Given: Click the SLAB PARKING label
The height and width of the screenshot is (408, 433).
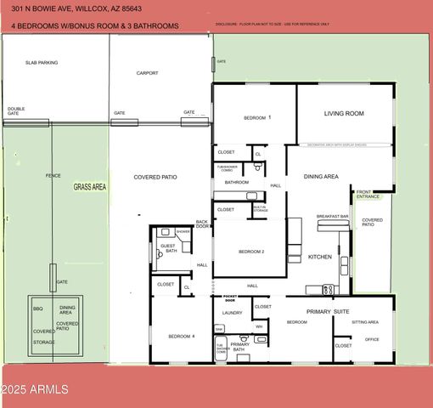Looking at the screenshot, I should [42, 63].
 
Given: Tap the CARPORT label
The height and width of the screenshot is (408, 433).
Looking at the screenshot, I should [148, 73].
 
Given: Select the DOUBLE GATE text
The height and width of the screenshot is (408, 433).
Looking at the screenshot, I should [16, 110].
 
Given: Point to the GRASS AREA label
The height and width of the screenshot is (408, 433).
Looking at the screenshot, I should [89, 186].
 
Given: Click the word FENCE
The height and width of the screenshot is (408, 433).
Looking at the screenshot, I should [53, 176].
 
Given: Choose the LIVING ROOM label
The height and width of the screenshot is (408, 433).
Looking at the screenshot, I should [344, 113].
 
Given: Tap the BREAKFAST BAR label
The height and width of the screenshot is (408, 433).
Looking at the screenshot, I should [333, 217].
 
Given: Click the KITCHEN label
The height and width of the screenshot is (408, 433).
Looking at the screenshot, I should [319, 257].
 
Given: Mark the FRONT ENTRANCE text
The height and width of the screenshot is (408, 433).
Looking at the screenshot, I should [368, 195].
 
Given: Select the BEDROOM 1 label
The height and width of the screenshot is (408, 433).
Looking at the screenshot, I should [257, 117].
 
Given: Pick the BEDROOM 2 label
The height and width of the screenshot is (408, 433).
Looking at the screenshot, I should [251, 252].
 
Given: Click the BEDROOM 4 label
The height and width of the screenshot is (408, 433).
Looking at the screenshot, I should [181, 337].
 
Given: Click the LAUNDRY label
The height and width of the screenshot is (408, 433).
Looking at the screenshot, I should [233, 313].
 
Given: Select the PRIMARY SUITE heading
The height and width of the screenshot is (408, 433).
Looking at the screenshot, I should [328, 312].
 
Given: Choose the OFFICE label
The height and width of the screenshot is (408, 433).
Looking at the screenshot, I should [371, 339].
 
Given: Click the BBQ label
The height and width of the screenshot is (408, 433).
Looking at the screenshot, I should [37, 309].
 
